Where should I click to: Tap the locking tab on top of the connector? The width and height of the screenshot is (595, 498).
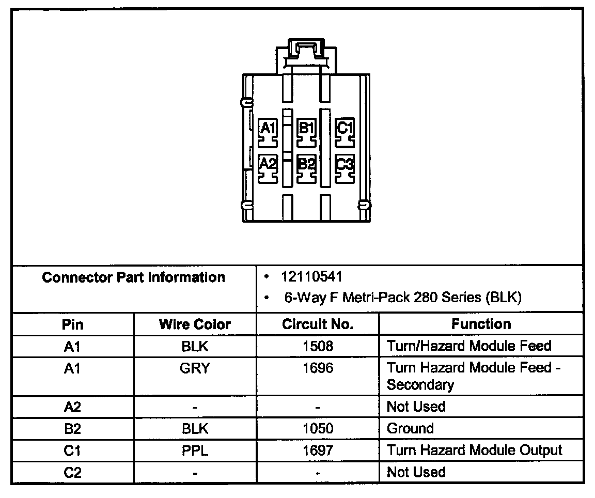[306, 51]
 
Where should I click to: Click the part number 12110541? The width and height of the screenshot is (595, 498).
[312, 277]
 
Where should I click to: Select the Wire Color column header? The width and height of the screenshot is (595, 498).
[195, 324]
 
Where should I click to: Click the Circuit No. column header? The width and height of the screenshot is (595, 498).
[318, 324]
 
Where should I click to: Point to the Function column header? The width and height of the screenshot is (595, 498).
[481, 324]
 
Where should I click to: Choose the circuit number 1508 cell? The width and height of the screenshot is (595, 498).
[318, 346]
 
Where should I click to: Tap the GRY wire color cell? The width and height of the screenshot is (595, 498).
[195, 368]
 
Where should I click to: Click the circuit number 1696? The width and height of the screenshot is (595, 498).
[318, 368]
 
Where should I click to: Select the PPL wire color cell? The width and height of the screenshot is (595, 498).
[195, 450]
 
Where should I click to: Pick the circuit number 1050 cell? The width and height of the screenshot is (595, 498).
[318, 429]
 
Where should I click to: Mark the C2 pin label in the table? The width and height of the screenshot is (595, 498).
[73, 472]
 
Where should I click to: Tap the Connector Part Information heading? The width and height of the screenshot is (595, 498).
[134, 277]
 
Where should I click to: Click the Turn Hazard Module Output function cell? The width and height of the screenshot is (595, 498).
[474, 450]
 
